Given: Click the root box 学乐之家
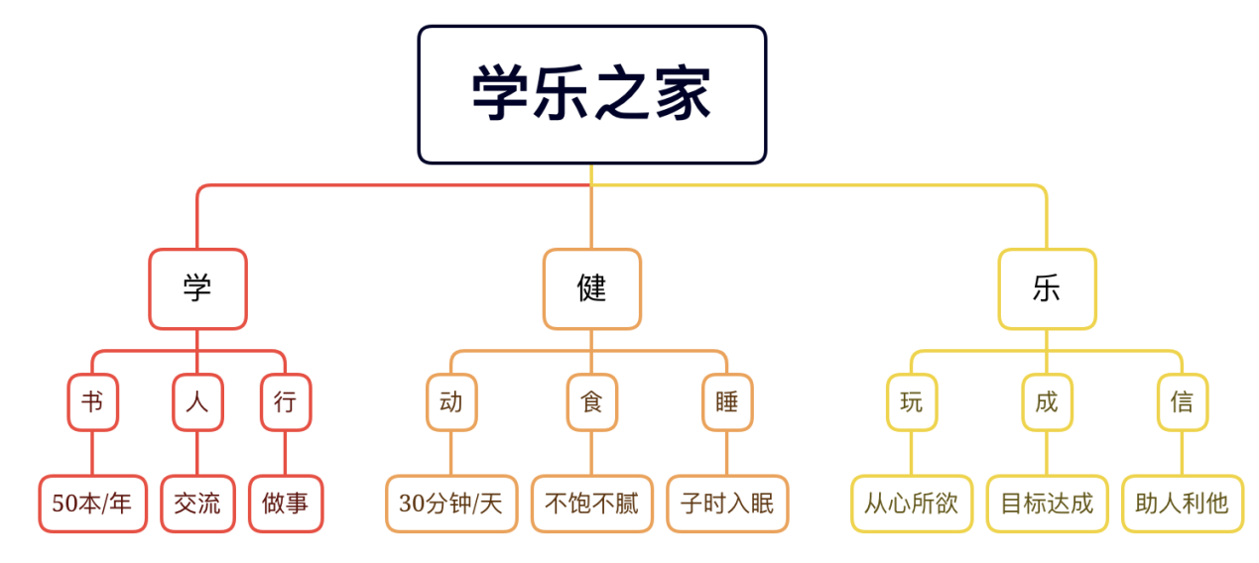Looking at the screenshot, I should [x=591, y=94].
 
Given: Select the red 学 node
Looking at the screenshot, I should [x=197, y=288].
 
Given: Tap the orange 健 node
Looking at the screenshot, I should [x=591, y=288].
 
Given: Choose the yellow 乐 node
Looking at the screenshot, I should [x=1047, y=288].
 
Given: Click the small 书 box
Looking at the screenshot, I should [x=92, y=402].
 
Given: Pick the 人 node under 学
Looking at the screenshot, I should [x=197, y=402].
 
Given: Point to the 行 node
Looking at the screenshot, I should [x=286, y=402].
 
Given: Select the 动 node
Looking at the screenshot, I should [x=451, y=402].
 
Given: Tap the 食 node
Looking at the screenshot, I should [x=591, y=402].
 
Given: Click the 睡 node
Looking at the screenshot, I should [x=727, y=402].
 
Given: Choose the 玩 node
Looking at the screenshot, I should [x=912, y=402].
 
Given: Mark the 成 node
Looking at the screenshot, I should [x=1047, y=402].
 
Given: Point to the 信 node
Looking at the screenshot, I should [x=1182, y=402].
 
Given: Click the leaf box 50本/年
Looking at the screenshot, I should [x=92, y=504].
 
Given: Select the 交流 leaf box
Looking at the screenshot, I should [x=197, y=504].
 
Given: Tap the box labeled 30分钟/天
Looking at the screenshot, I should [x=451, y=504].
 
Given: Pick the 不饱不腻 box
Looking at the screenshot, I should [x=591, y=504].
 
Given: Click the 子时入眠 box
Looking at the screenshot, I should [x=727, y=504].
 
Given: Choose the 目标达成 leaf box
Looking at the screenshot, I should [x=1047, y=504].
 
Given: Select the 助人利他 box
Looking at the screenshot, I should [x=1182, y=504].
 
